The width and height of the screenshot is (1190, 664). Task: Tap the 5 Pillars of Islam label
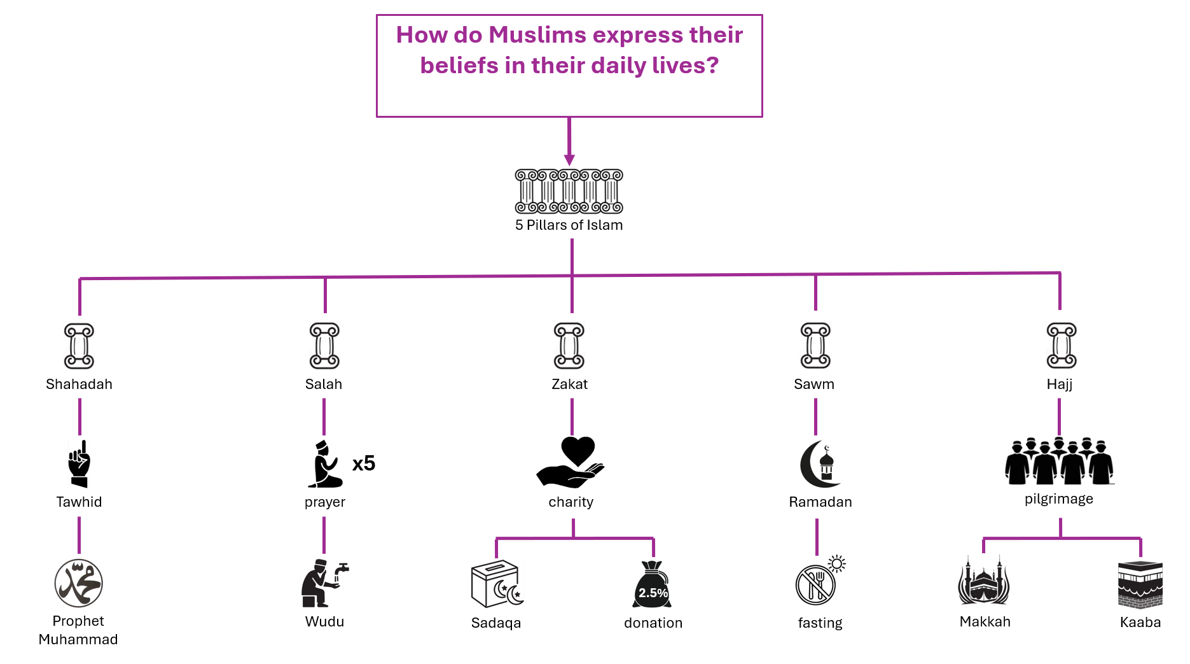[x=569, y=225]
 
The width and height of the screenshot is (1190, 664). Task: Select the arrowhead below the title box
[x=569, y=160]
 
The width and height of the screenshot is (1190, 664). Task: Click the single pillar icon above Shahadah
[x=79, y=346]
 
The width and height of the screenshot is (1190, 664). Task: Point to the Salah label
[x=324, y=384]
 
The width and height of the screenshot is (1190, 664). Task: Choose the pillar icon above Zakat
[x=569, y=346]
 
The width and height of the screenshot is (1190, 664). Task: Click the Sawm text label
[x=814, y=384]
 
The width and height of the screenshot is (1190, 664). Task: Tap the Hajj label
[x=1060, y=384]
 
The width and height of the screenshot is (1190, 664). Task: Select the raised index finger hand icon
[x=80, y=463]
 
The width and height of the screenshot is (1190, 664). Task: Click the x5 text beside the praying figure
[x=364, y=463]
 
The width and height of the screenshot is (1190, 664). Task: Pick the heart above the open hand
[x=578, y=451]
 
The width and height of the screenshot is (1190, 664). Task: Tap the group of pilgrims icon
[x=1060, y=461]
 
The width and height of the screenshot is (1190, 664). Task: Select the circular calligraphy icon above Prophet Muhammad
[x=79, y=583]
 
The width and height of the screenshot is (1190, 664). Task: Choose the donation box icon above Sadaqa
[x=497, y=584]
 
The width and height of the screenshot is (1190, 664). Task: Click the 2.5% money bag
[x=653, y=584]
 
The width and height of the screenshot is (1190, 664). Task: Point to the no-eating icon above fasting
[x=815, y=584]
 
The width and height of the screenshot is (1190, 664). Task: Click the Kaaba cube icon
[x=1140, y=584]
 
